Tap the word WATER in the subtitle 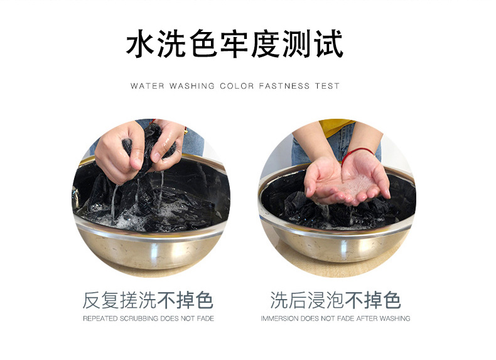(x=146, y=86)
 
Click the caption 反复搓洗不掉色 (x=148, y=300)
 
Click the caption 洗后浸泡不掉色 (x=335, y=300)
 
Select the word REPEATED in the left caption (x=100, y=319)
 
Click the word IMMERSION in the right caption (x=279, y=319)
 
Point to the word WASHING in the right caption (x=394, y=319)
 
